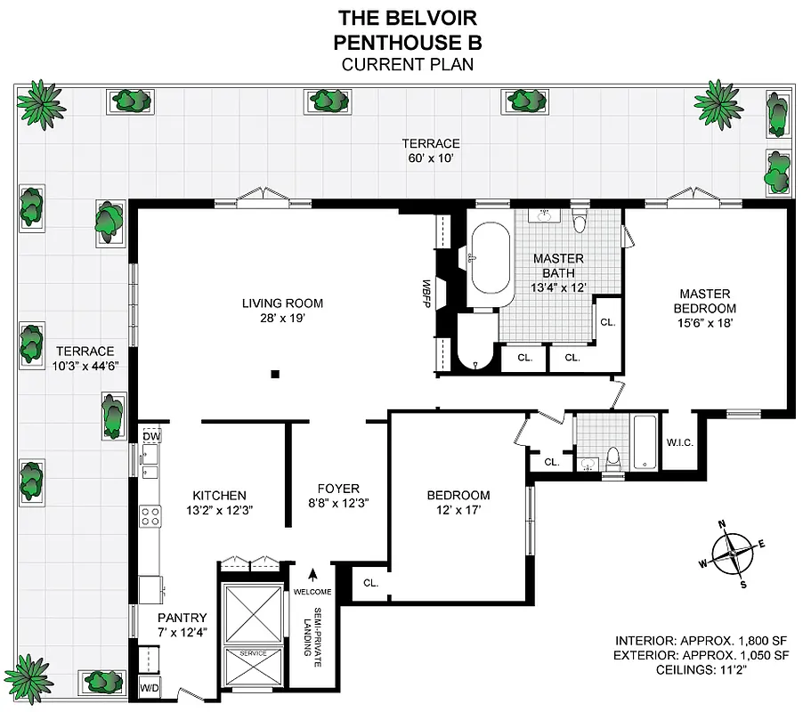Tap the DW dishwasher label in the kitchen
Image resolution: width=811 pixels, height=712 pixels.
coord(150,436)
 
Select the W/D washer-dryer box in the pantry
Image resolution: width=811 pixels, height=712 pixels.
coord(149,688)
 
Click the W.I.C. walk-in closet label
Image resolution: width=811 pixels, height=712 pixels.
coord(680,442)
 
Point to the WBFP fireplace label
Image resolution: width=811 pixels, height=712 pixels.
coord(427,294)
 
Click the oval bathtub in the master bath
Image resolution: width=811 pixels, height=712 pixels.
coord(490,259)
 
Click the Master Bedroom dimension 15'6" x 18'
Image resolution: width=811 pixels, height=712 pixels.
coord(705,323)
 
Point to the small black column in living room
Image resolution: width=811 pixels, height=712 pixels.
coord(276,374)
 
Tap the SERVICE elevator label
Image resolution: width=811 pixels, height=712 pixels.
coord(253,653)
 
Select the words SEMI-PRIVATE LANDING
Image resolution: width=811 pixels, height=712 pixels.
coord(308,633)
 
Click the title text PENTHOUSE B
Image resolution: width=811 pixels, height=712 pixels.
coord(407,42)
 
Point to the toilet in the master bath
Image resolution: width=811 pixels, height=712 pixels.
coord(580,221)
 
